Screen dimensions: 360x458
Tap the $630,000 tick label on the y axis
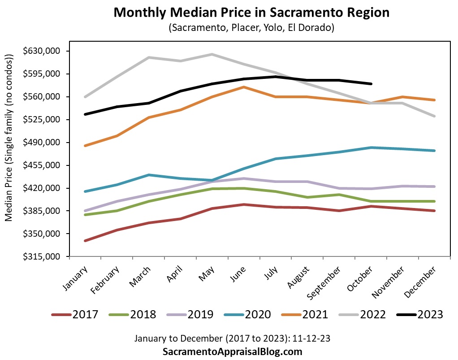click(x=43, y=51)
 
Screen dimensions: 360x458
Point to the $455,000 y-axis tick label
click(x=43, y=165)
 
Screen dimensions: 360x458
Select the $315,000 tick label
click(x=43, y=257)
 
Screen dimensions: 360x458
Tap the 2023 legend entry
click(x=421, y=314)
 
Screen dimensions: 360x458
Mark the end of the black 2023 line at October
click(x=371, y=84)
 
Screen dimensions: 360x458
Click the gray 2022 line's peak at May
click(x=212, y=54)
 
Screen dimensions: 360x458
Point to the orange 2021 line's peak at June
click(x=243, y=87)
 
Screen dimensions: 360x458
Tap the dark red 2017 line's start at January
click(x=85, y=241)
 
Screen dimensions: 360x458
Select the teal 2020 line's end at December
click(x=434, y=151)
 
